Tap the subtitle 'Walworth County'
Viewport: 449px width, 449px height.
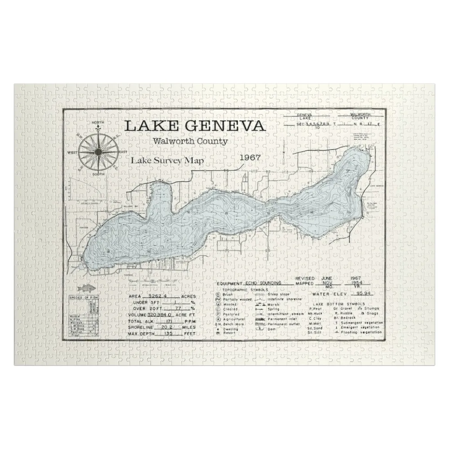(x=190, y=141)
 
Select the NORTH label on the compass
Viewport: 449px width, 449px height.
(x=98, y=122)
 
